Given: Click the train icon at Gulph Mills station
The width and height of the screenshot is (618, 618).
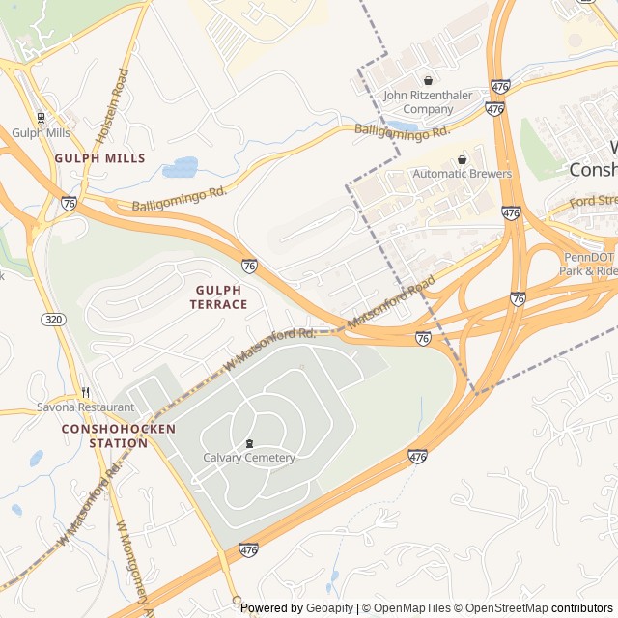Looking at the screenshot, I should pyautogui.click(x=41, y=118).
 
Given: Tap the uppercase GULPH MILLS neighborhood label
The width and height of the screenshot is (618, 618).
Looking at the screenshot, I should pyautogui.click(x=99, y=158).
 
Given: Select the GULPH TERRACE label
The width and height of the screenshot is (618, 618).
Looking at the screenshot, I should pyautogui.click(x=221, y=296).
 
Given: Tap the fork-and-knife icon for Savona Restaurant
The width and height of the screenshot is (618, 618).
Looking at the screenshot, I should pyautogui.click(x=86, y=392).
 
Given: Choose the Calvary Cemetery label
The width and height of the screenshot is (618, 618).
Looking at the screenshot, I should pyautogui.click(x=249, y=458).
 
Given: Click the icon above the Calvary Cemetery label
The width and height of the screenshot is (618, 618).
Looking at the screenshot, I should pyautogui.click(x=249, y=444).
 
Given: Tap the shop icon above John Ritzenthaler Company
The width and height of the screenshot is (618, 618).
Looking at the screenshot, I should pyautogui.click(x=428, y=81).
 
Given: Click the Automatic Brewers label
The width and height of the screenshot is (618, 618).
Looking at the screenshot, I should pyautogui.click(x=462, y=174).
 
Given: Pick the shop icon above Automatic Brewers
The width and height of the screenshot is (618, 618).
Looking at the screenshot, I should pyautogui.click(x=462, y=159).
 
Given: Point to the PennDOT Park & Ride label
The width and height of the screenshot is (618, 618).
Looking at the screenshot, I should pyautogui.click(x=588, y=264).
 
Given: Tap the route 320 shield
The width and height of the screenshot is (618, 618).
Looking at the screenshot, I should pyautogui.click(x=52, y=318).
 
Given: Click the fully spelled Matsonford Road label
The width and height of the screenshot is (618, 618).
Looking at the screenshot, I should pyautogui.click(x=392, y=305).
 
